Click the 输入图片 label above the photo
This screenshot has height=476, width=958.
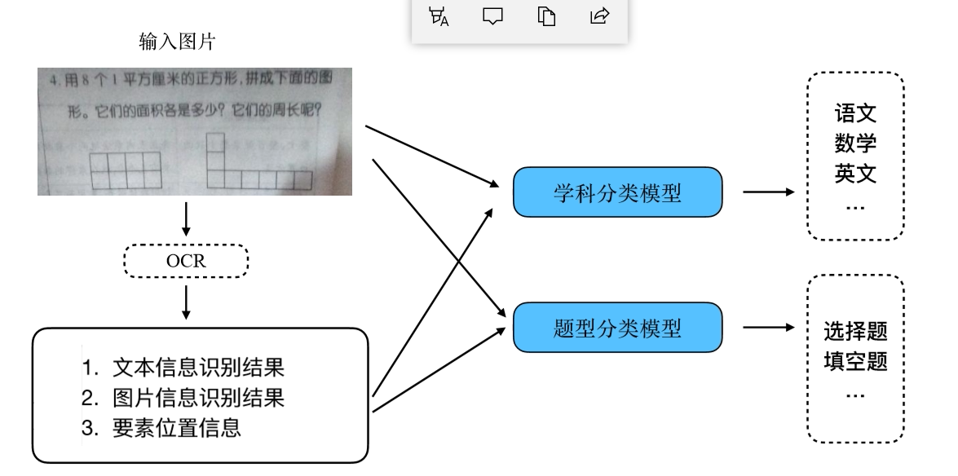pos(178,42)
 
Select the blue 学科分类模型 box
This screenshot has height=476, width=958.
pos(617,192)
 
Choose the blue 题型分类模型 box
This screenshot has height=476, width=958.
pos(617,328)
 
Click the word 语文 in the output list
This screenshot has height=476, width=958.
pos(855,113)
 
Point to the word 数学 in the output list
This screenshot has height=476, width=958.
pos(855,143)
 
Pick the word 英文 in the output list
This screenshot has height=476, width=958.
pos(855,174)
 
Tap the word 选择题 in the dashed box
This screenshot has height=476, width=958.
pos(855,332)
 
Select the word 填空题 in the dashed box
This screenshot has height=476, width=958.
pos(855,361)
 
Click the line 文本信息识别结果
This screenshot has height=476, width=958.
pos(198,368)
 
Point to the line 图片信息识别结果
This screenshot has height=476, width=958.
pos(198,398)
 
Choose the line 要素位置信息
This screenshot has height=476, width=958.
pos(177,427)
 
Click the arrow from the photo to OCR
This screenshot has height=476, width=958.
pos(187,218)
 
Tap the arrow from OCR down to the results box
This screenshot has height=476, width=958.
pos(187,302)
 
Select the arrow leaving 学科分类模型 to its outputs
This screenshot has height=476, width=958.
pos(767,192)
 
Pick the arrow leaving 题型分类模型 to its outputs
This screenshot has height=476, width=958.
pos(767,328)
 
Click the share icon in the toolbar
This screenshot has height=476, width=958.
pos(599,15)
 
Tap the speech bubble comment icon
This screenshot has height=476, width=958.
pos(492,15)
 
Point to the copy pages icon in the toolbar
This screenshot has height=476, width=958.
pos(546,15)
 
